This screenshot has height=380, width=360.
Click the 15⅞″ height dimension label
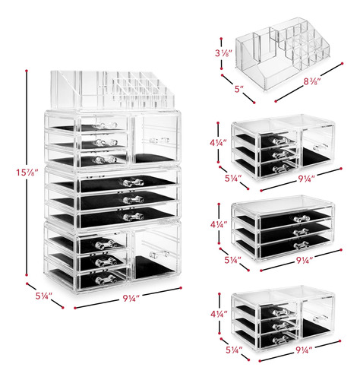[27, 173]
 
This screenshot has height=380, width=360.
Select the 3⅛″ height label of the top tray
[223, 53]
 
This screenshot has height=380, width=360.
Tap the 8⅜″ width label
[312, 81]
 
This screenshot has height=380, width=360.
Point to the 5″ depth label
[239, 89]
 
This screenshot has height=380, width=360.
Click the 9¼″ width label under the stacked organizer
[131, 299]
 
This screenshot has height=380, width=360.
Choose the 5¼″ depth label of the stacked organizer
[43, 296]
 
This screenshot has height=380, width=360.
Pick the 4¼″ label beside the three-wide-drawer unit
[219, 224]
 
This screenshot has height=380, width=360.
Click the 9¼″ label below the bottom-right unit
[304, 350]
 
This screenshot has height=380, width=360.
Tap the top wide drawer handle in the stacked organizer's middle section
[131, 182]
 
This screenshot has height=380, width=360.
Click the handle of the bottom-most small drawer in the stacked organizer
[106, 280]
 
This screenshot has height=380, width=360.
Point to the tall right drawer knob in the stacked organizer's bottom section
[159, 255]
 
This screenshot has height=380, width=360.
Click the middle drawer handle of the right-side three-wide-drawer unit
[302, 232]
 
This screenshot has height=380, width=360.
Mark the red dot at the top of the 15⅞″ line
[27, 71]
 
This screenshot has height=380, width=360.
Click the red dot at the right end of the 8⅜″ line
[343, 63]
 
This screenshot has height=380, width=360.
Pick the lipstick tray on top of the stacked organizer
[112, 90]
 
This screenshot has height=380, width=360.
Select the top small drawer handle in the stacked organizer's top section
[105, 125]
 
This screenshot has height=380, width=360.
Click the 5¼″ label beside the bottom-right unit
[234, 350]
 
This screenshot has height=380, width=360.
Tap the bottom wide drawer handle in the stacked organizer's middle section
[134, 217]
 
